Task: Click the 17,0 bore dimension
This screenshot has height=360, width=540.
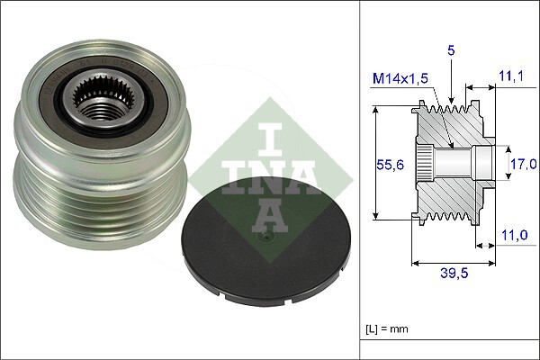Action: pos(524,163)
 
